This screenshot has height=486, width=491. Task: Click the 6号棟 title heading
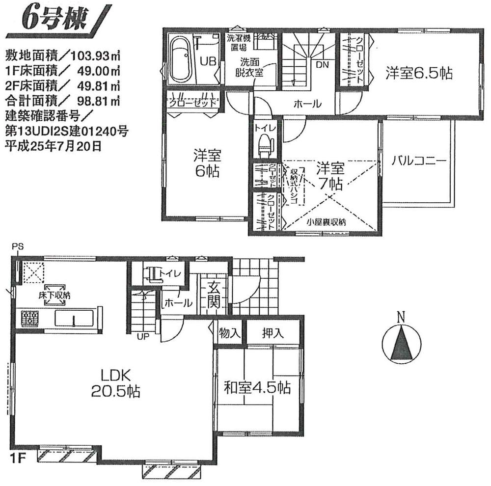[x=54, y=19]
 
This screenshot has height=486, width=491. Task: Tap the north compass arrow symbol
[x=401, y=342]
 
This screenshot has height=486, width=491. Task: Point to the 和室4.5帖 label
[x=257, y=388]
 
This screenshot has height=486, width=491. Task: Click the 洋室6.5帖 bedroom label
[x=418, y=74]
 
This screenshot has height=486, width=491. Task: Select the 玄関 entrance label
[x=213, y=295]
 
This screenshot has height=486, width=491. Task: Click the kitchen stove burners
[x=29, y=319]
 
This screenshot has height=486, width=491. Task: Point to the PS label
[x=18, y=246]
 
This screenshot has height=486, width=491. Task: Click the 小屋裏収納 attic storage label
[x=327, y=222]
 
